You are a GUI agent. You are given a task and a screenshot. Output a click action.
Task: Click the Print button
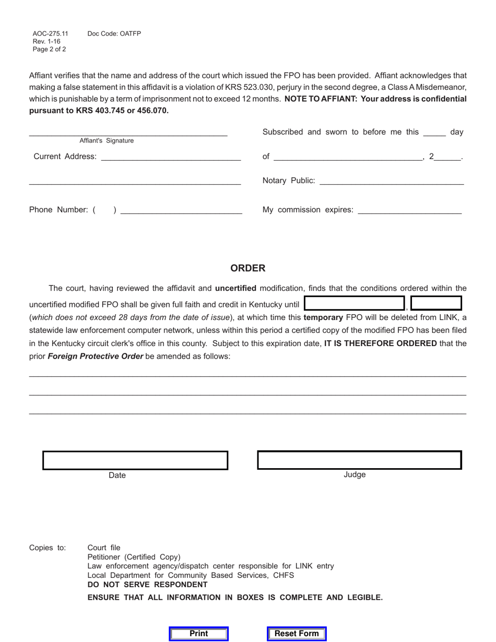[x=199, y=634]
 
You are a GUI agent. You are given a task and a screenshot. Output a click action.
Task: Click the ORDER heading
[x=248, y=268]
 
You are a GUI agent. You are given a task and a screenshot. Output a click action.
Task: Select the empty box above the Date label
[x=135, y=460]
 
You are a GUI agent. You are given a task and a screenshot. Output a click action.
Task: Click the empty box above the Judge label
[x=359, y=460]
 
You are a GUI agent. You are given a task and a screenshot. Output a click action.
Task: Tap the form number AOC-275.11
[x=50, y=34]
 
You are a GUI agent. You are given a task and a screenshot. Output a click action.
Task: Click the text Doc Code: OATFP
[x=114, y=34]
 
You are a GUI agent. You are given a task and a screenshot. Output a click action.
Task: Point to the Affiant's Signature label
[x=107, y=141]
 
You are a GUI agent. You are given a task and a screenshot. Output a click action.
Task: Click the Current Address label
[x=65, y=157]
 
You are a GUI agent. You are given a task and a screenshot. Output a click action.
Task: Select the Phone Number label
[x=58, y=210]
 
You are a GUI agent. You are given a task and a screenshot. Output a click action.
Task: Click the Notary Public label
[x=289, y=181]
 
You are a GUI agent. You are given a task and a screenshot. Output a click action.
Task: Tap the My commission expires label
[x=308, y=210]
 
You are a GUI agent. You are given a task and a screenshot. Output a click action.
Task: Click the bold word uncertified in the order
[x=235, y=288]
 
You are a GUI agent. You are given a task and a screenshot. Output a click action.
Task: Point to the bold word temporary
[x=323, y=317]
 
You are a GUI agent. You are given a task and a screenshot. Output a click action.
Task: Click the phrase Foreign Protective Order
[x=96, y=356]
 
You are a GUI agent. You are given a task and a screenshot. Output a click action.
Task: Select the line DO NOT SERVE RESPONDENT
[x=148, y=585]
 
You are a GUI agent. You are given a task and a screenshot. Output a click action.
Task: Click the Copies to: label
[x=48, y=548]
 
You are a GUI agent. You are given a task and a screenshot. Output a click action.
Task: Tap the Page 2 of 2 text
[x=49, y=50]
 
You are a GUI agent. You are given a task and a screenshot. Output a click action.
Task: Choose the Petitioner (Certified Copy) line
[x=134, y=557]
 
